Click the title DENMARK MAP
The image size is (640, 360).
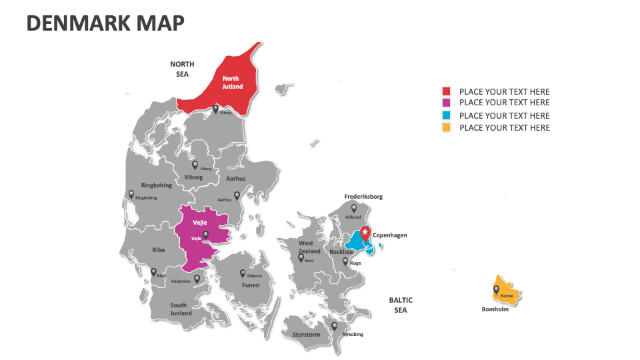point(105,23)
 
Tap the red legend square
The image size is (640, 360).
point(446,91)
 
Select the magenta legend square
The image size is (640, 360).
point(446,103)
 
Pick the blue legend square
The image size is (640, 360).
point(446,115)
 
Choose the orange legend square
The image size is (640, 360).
point(446,127)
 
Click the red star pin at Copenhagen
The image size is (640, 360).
point(365,233)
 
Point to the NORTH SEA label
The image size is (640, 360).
point(182,69)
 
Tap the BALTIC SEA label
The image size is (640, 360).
point(401,305)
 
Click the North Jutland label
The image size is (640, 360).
point(232,83)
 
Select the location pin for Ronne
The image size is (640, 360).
point(496,290)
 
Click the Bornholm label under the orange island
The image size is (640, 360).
point(495,309)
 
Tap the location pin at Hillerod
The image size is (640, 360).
point(354,208)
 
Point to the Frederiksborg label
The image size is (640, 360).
point(363,197)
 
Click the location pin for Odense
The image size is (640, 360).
point(243,273)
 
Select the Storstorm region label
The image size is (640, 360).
point(307,335)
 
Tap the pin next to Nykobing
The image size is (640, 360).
point(334,326)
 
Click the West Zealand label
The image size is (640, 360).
point(309,247)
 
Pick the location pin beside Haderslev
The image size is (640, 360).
point(197,279)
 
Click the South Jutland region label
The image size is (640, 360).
point(180,309)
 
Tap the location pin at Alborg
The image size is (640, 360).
point(215,109)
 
